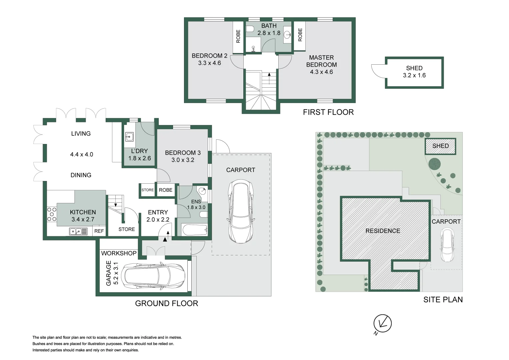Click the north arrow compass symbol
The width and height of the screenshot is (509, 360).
tap(382, 323)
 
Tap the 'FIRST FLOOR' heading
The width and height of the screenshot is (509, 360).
tap(328, 112)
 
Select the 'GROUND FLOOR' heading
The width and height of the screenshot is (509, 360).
tap(166, 303)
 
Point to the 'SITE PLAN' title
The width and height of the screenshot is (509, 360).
tap(443, 300)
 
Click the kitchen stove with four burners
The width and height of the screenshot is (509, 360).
tap(52, 214)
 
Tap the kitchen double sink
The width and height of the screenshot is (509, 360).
tap(78, 231)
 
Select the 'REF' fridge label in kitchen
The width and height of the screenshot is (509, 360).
tap(99, 231)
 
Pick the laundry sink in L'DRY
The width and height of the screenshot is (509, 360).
tap(129, 137)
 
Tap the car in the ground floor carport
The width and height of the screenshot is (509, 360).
tap(241, 211)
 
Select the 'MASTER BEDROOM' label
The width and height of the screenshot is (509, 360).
tap(321, 61)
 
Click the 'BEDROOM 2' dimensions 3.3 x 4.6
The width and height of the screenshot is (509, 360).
tap(209, 63)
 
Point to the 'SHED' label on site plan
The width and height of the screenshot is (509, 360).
tap(440, 146)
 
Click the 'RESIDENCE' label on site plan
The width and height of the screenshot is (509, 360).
tap(383, 231)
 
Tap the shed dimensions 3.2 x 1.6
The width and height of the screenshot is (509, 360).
tap(414, 75)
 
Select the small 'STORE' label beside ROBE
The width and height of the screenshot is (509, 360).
tap(148, 190)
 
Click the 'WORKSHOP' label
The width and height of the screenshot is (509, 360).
tap(119, 253)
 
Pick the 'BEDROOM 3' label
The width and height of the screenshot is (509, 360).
tap(183, 153)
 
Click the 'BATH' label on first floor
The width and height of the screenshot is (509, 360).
tap(269, 26)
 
